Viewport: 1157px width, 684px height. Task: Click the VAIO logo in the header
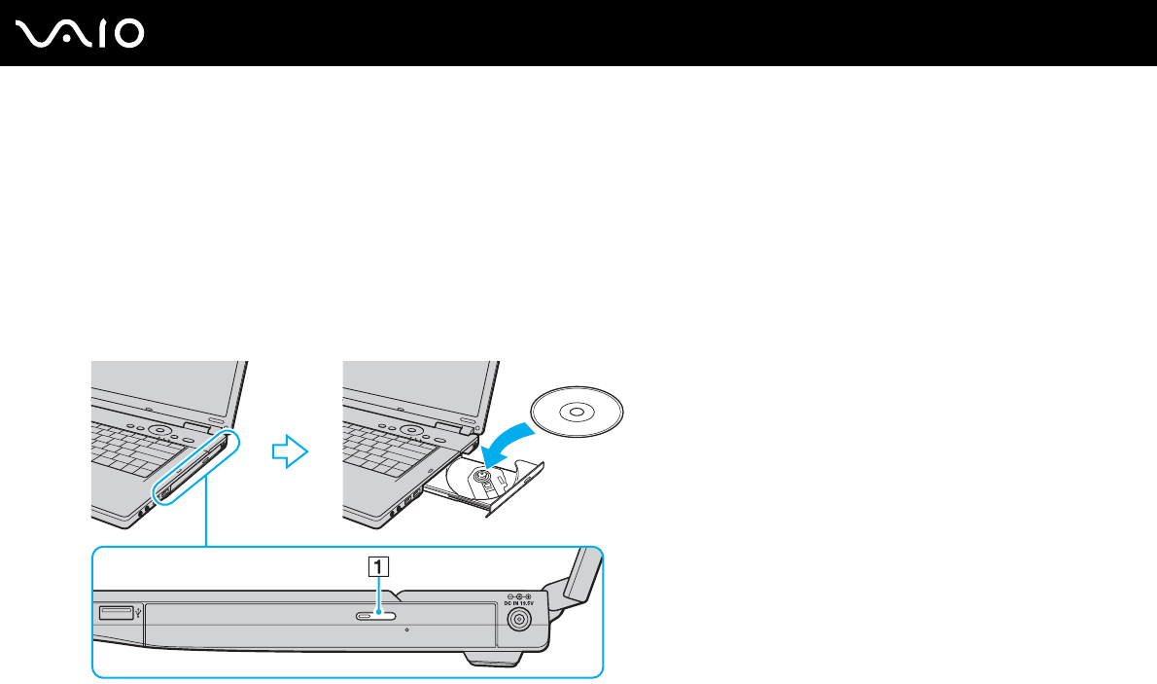81,33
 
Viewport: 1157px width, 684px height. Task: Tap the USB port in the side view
113,612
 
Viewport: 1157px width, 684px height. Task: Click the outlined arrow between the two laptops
290,450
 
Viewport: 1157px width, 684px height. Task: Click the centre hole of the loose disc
577,412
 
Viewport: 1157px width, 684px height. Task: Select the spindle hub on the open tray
479,477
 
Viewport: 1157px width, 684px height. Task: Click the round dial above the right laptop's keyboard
411,428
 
